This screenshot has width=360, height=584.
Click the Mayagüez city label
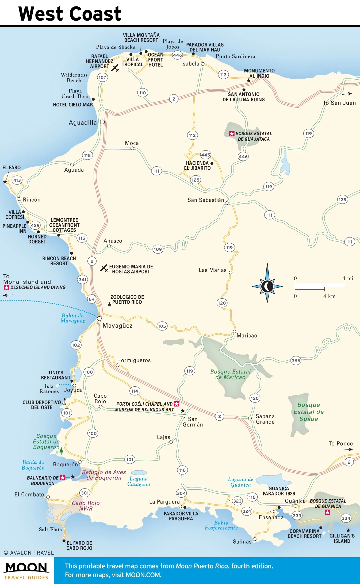[117, 326]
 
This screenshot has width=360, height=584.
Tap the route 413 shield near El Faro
[17, 180]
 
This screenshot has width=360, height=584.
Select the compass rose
[267, 286]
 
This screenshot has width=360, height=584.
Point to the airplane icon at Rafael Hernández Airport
[115, 68]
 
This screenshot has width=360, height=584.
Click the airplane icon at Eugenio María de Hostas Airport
[104, 268]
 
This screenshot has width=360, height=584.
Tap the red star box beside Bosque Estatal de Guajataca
[232, 134]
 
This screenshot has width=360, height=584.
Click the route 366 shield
[296, 360]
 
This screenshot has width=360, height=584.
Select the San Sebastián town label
[206, 200]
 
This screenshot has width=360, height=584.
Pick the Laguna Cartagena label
[139, 481]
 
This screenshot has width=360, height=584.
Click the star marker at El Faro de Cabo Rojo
[64, 540]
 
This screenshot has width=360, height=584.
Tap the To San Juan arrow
[347, 94]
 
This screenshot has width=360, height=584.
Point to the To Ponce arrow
[347, 449]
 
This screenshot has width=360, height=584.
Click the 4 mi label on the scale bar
[348, 278]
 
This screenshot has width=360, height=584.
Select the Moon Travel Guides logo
[26, 571]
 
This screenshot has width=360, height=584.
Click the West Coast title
[70, 14]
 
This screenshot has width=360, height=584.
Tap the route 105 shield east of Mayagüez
[162, 326]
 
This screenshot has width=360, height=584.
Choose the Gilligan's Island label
[342, 538]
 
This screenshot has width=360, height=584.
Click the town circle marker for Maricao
[234, 332]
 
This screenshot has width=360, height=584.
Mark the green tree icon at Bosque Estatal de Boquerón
[61, 451]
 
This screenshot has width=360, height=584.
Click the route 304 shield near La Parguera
[181, 493]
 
